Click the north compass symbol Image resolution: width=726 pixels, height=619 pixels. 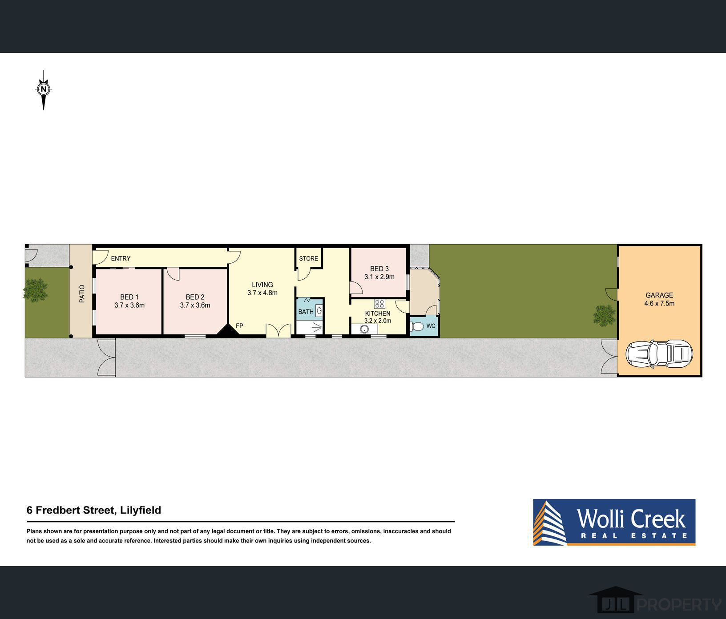(x=44, y=90)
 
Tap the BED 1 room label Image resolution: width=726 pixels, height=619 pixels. (x=129, y=297)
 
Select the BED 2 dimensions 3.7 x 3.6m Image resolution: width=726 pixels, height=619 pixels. (x=195, y=305)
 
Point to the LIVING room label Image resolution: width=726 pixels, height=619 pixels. (x=262, y=285)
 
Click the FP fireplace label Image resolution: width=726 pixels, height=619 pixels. (x=239, y=326)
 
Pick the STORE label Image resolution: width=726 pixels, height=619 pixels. (x=309, y=258)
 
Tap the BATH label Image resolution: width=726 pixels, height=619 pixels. (x=306, y=312)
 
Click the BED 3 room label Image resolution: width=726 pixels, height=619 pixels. (x=379, y=269)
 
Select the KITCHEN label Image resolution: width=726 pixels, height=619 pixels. (x=378, y=314)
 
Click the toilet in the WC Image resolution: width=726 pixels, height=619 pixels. (x=417, y=326)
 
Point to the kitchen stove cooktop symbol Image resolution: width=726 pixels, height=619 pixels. (x=379, y=304)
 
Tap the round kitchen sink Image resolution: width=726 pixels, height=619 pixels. (x=364, y=330)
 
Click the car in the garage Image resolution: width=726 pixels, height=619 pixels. (x=659, y=354)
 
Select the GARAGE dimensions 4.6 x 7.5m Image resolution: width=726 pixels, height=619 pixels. (x=659, y=304)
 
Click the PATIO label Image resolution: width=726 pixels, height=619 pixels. (x=82, y=294)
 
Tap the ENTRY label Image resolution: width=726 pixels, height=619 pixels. (x=121, y=258)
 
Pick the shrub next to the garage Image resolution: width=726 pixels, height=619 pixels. (x=605, y=315)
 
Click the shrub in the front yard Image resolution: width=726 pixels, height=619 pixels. (x=36, y=289)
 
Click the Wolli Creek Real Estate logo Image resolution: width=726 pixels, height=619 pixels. (x=614, y=522)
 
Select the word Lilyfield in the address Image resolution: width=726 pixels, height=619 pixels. (x=141, y=510)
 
